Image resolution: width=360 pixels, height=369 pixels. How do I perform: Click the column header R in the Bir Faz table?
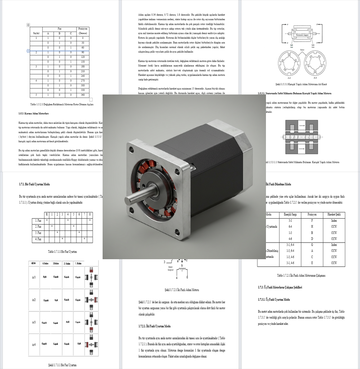tap(47, 215)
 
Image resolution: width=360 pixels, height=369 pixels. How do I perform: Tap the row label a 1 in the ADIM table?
tap(34, 278)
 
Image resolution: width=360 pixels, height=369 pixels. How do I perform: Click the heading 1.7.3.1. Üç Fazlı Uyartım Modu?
tap(276, 299)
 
